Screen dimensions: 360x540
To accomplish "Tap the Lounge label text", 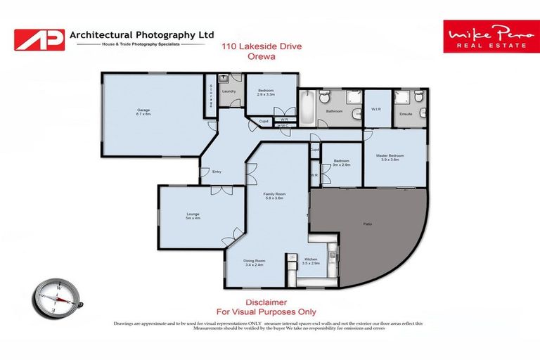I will tap(193, 215).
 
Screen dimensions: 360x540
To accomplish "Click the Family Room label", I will tap(274, 195).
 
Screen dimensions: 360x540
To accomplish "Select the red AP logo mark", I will tap(39, 39).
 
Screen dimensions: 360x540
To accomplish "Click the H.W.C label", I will tap(283, 127).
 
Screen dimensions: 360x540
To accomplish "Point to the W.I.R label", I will tap(376, 110).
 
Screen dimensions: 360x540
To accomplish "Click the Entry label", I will tap(217, 172).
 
